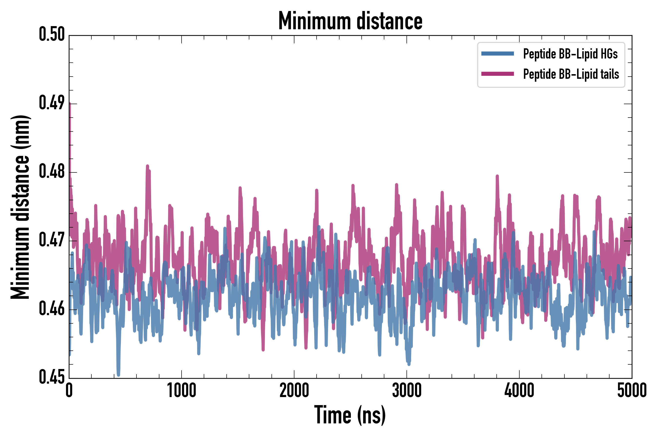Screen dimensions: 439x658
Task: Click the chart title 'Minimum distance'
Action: point(350,21)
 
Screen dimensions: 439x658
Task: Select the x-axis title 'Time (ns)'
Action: point(350,415)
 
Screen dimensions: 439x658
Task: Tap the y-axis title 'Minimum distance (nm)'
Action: point(20,207)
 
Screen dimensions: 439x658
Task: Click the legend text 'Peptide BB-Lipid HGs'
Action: point(570,54)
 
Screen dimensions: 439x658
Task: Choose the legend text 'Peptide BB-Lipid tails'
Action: point(571,74)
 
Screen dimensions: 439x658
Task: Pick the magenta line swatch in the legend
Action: point(497,74)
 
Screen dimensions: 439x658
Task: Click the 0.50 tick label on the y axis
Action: point(52,34)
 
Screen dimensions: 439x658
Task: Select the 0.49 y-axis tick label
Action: point(52,103)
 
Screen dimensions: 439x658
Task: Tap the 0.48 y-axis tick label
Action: point(52,172)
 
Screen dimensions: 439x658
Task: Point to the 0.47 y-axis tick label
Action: point(52,240)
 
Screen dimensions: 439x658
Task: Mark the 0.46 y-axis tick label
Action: point(52,309)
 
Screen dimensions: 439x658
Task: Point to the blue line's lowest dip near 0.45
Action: point(118,375)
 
